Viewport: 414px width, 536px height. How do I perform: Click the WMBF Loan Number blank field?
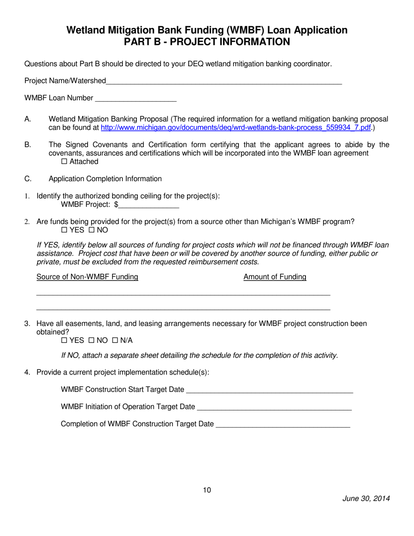pos(135,99)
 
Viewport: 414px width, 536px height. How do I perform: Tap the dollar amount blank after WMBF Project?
pos(149,205)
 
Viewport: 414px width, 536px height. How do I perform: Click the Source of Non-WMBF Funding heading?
pos(87,277)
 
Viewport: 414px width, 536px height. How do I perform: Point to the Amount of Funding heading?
pos(275,277)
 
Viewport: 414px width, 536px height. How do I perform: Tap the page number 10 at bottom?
pos(207,490)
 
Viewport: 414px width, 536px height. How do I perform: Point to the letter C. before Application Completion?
pos(27,179)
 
